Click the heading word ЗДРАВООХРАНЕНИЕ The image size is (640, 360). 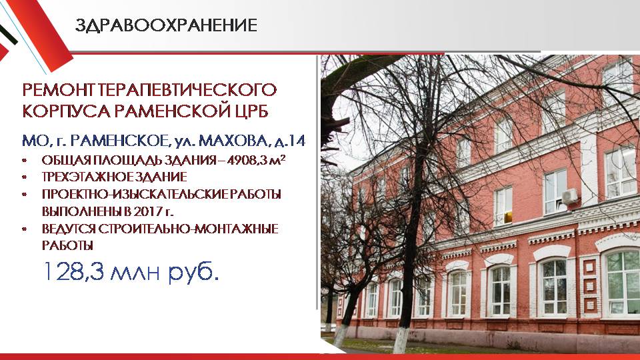pyautogui.click(x=166, y=25)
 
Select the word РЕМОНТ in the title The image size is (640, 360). pyautogui.click(x=58, y=90)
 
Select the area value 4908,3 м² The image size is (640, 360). pyautogui.click(x=256, y=159)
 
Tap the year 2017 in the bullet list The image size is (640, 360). pyautogui.click(x=147, y=211)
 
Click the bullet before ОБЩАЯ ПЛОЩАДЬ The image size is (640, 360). pyautogui.click(x=25, y=160)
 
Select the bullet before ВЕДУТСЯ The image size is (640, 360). pyautogui.click(x=25, y=229)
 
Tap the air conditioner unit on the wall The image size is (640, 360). pyautogui.click(x=570, y=196)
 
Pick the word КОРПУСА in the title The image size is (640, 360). pyautogui.click(x=66, y=111)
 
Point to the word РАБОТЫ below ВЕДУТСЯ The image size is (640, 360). pyautogui.click(x=67, y=246)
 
